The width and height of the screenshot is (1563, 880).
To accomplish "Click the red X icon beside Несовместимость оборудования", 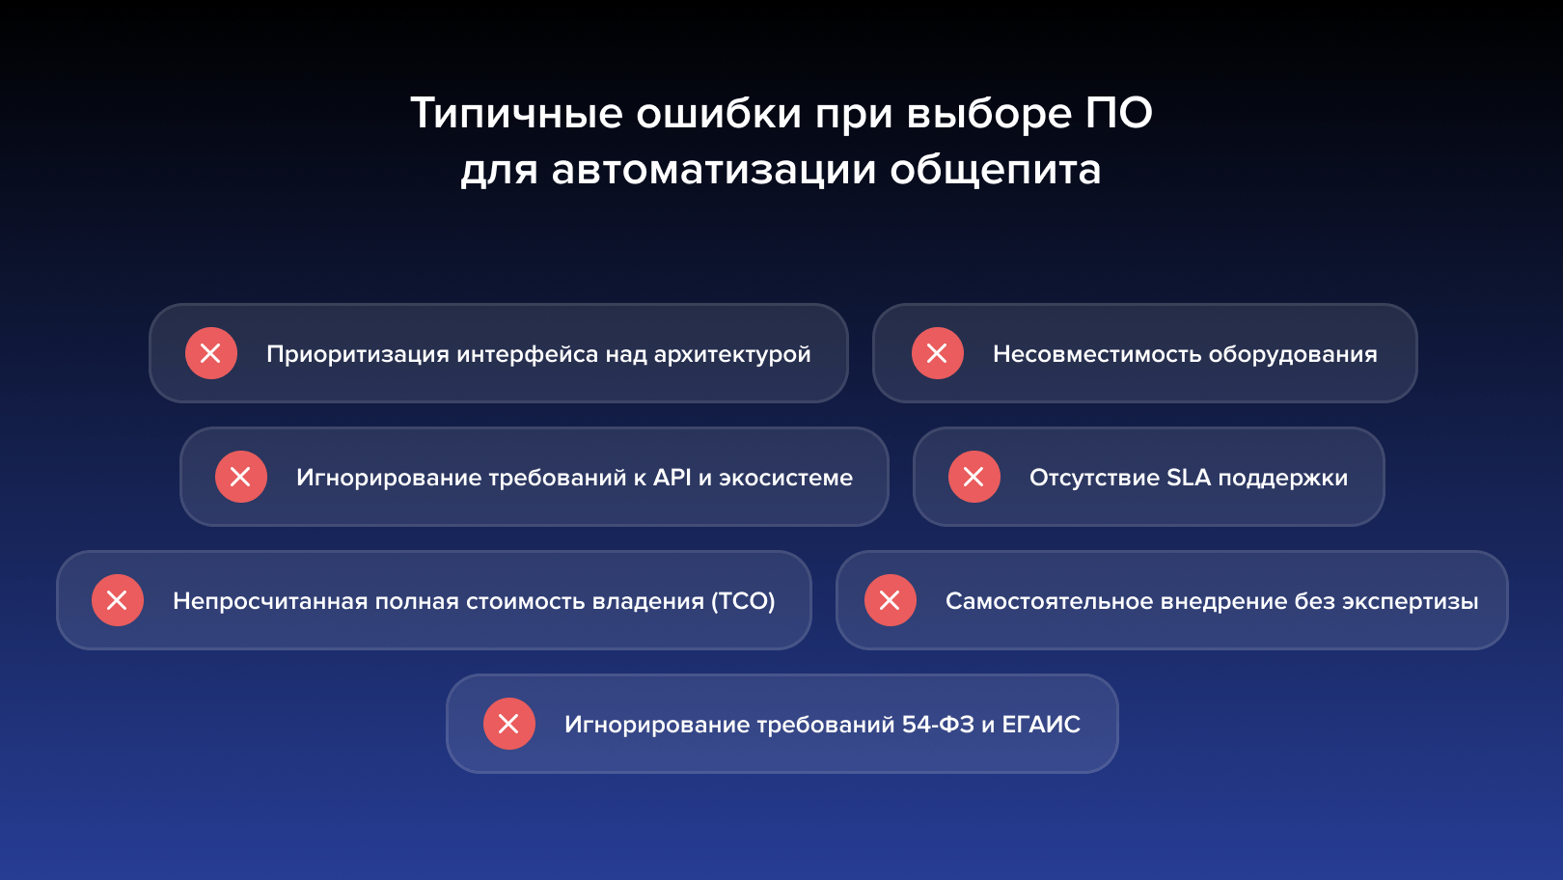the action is (937, 353).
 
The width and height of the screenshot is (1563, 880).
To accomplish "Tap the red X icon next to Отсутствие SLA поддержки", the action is (973, 477).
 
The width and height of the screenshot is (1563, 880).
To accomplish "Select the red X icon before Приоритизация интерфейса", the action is (210, 353).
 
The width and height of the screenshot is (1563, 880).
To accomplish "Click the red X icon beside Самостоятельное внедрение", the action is (890, 600).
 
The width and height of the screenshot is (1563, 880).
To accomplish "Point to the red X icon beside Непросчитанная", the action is (118, 600).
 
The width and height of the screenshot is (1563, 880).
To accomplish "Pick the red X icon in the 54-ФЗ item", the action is (508, 724).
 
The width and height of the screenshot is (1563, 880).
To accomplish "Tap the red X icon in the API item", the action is (241, 477).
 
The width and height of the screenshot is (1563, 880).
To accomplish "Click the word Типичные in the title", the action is (516, 112).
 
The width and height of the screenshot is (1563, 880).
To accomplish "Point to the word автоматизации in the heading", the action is (713, 170).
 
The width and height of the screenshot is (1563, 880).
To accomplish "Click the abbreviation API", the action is (672, 478).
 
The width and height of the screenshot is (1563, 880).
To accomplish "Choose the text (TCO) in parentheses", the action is (743, 601).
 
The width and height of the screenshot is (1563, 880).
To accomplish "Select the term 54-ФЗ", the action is (938, 725).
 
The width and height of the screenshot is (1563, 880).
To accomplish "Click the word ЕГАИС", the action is (1041, 725).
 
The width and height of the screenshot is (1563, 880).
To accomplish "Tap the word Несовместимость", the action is (1097, 354).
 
